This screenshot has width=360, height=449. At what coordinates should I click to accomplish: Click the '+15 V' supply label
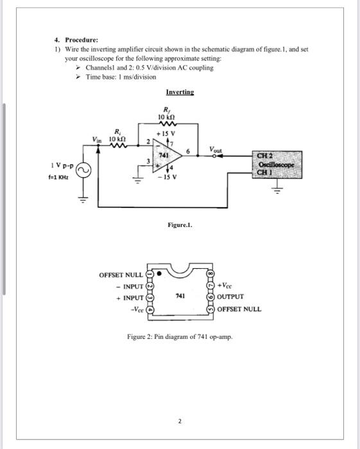point(171,133)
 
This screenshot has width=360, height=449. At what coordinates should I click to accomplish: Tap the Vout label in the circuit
point(215,149)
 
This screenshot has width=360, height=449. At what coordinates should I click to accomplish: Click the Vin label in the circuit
point(96,142)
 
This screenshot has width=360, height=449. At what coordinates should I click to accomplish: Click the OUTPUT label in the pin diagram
point(230,297)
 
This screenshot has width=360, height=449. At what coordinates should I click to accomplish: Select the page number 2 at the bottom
point(180,421)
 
